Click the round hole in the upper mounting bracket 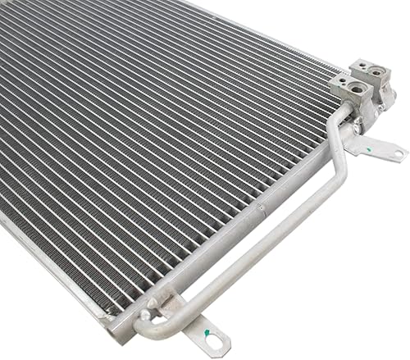tap(396, 153)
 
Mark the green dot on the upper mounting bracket tap(374, 149)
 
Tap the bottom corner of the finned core tap(111, 316)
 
